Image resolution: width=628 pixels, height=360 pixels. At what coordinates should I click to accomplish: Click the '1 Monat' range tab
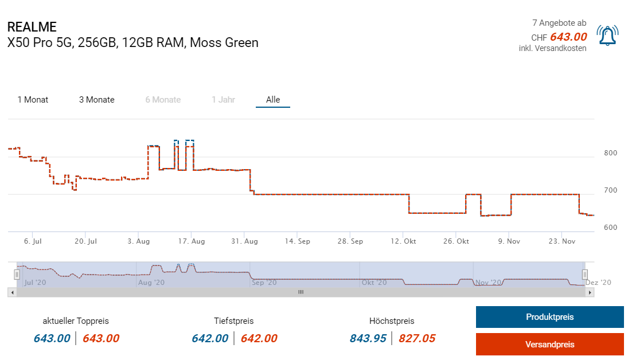33,100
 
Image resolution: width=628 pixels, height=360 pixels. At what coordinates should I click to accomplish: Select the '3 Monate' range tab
97,100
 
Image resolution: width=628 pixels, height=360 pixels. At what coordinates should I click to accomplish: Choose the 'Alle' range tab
273,100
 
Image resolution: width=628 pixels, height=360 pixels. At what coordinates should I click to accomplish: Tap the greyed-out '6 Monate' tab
163,100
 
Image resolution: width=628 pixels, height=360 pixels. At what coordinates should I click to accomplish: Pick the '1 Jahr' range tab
223,100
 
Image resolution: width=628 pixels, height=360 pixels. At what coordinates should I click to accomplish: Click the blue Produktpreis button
549,317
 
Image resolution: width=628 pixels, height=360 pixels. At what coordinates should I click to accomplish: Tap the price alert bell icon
607,36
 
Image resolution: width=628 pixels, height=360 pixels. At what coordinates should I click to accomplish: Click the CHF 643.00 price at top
568,37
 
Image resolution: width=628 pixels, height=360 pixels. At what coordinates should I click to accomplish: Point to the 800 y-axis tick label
610,153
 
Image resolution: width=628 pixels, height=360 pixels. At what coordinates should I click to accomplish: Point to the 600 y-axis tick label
610,228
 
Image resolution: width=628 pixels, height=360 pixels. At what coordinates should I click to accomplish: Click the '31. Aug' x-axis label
245,241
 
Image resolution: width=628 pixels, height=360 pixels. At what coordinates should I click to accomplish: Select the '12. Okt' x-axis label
404,241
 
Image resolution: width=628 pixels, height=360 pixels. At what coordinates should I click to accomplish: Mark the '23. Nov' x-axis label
562,241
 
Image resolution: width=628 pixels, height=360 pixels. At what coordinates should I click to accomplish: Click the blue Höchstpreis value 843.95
368,338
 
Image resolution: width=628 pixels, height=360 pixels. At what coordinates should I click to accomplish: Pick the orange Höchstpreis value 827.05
417,338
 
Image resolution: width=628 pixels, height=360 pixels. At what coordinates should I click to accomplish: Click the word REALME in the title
32,27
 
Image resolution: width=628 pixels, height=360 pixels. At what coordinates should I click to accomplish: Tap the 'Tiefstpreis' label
233,321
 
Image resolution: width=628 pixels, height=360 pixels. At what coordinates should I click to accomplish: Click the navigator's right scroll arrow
590,292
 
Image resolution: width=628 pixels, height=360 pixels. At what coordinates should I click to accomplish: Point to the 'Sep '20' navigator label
264,283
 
